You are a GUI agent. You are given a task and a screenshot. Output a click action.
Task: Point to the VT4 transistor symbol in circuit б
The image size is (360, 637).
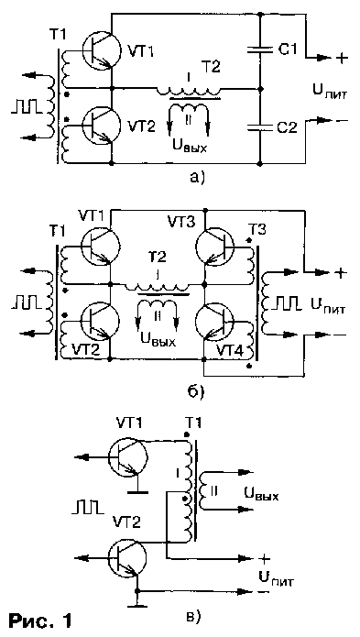[x=220, y=324]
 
